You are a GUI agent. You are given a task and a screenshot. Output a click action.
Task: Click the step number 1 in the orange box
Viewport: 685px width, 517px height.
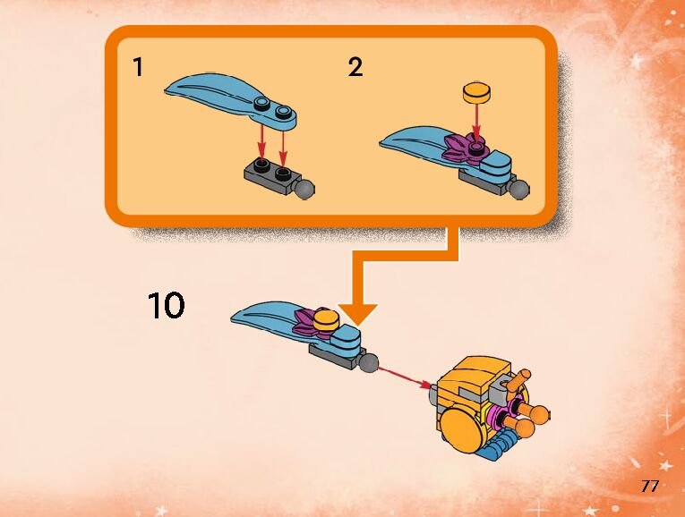click(x=137, y=67)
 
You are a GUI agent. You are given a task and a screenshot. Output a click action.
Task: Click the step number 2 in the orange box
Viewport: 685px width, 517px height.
click(x=355, y=68)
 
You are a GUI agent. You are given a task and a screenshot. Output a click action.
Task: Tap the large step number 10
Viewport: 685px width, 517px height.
click(x=167, y=306)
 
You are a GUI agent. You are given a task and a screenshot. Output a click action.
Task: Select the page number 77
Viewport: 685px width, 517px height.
click(x=650, y=487)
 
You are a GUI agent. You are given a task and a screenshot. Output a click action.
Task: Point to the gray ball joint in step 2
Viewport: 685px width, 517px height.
click(x=521, y=190)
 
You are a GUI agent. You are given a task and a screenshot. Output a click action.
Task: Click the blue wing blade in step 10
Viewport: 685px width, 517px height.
click(x=269, y=318)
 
